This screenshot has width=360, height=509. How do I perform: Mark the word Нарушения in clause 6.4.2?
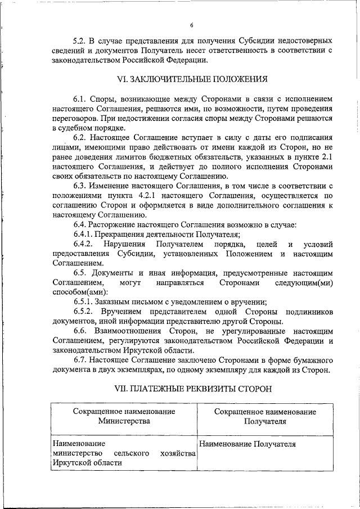[123, 244]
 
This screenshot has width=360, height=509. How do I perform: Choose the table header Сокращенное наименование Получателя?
[265, 416]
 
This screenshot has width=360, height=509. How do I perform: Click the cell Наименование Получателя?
[247, 444]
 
